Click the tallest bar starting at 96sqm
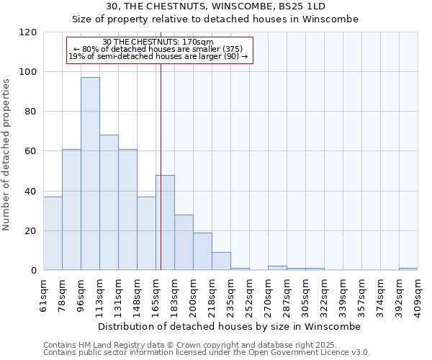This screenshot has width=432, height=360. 90,174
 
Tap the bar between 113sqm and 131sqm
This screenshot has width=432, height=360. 109,202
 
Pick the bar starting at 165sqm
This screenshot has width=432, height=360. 165,222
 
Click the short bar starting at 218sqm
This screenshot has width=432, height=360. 221,261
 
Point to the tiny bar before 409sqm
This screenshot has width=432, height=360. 408,269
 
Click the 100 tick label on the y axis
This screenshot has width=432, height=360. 28,72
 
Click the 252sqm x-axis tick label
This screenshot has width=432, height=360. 249,293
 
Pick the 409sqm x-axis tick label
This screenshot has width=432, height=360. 418,293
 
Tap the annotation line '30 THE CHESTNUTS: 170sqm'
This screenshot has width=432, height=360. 158,42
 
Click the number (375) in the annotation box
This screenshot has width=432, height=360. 234,49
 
